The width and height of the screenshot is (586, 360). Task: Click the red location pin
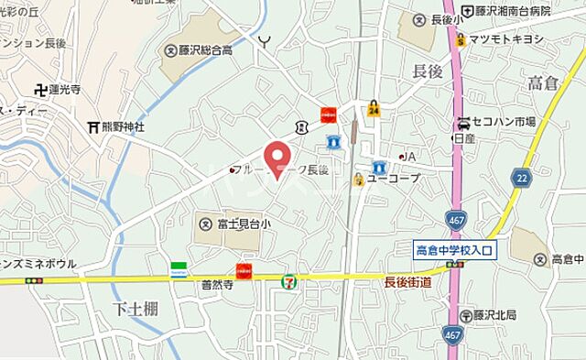point(277,158)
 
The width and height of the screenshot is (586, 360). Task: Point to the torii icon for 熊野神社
point(92,126)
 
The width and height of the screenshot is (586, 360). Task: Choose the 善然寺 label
point(219,286)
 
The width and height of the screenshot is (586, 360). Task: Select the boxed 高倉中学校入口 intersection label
point(454,249)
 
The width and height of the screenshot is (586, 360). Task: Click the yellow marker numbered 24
point(374,109)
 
